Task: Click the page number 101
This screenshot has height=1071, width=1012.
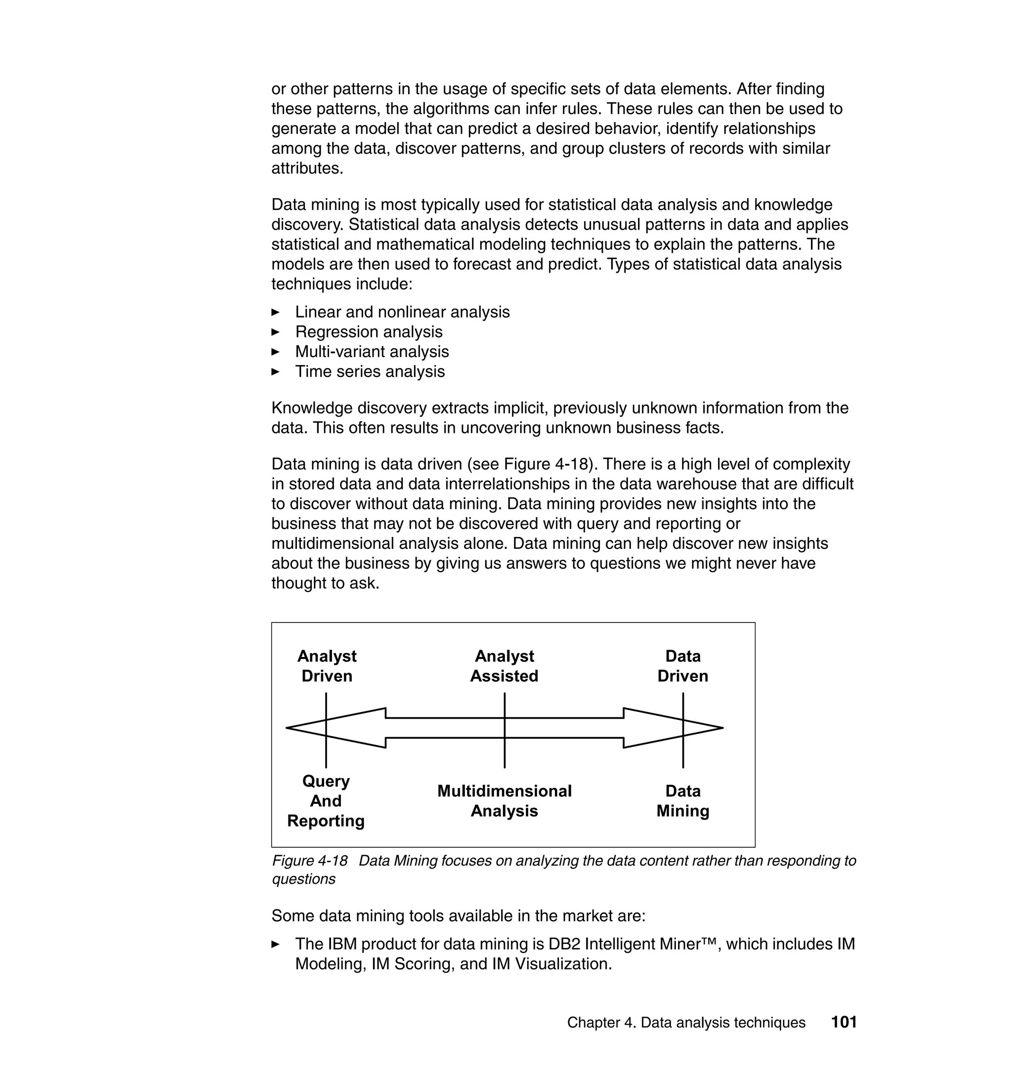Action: point(843,1022)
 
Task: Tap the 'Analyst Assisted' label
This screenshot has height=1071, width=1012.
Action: point(504,666)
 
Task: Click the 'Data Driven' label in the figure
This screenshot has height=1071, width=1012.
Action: point(682,666)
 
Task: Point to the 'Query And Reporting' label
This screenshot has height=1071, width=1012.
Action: point(326,801)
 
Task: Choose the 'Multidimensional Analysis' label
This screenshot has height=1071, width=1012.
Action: point(504,801)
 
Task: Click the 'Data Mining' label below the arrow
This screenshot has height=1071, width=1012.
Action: point(682,801)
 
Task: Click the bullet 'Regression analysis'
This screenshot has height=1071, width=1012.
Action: point(369,331)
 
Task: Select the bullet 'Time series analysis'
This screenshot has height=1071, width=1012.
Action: point(370,371)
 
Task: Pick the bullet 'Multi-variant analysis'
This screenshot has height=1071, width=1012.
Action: point(372,352)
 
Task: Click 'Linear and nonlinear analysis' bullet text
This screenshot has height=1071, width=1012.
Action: point(402,312)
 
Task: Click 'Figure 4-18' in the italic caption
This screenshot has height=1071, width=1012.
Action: point(310,861)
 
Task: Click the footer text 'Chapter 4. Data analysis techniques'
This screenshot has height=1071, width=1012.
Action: point(686,1023)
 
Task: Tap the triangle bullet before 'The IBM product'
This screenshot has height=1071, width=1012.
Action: point(276,944)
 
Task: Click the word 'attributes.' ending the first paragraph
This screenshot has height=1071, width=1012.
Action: point(307,168)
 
